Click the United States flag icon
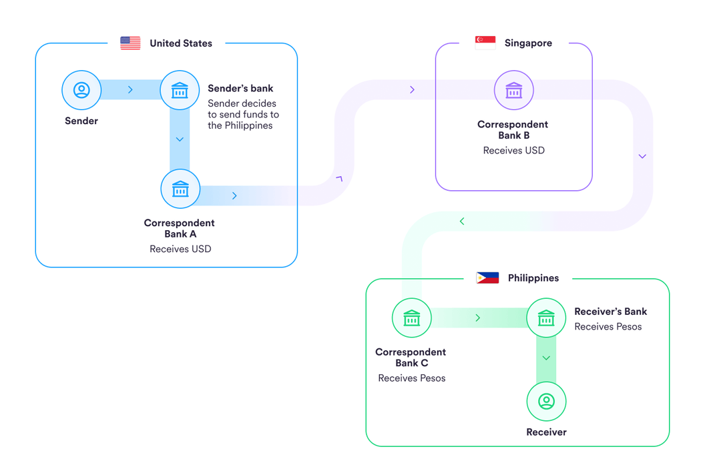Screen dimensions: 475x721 pos(130,43)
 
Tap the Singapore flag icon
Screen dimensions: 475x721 pos(485,43)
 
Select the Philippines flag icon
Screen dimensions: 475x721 pos(487,278)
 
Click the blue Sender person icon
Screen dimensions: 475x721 pos(81,90)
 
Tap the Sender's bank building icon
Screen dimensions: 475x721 pos(180,90)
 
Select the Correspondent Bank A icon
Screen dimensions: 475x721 pos(180,189)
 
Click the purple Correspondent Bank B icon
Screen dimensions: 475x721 pos(513,90)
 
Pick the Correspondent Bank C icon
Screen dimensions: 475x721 pos(411,318)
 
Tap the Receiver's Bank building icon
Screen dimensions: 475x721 pos(546,318)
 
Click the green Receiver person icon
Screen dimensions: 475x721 pos(546,402)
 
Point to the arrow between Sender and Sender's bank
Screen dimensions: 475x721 pos(130,89)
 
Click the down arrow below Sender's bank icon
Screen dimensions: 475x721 pos(180,139)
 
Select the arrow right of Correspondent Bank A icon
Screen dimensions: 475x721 pos(234,195)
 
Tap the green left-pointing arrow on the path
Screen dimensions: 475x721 pos(462,221)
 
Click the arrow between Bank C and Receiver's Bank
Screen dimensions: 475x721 pos(478,318)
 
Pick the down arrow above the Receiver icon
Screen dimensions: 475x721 pos(546,358)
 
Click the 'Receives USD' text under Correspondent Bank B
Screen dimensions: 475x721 pos(513,151)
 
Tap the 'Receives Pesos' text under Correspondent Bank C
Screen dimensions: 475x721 pos(411,378)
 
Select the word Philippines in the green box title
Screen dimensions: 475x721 pos(533,278)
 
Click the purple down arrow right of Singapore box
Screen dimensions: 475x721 pos(642,156)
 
